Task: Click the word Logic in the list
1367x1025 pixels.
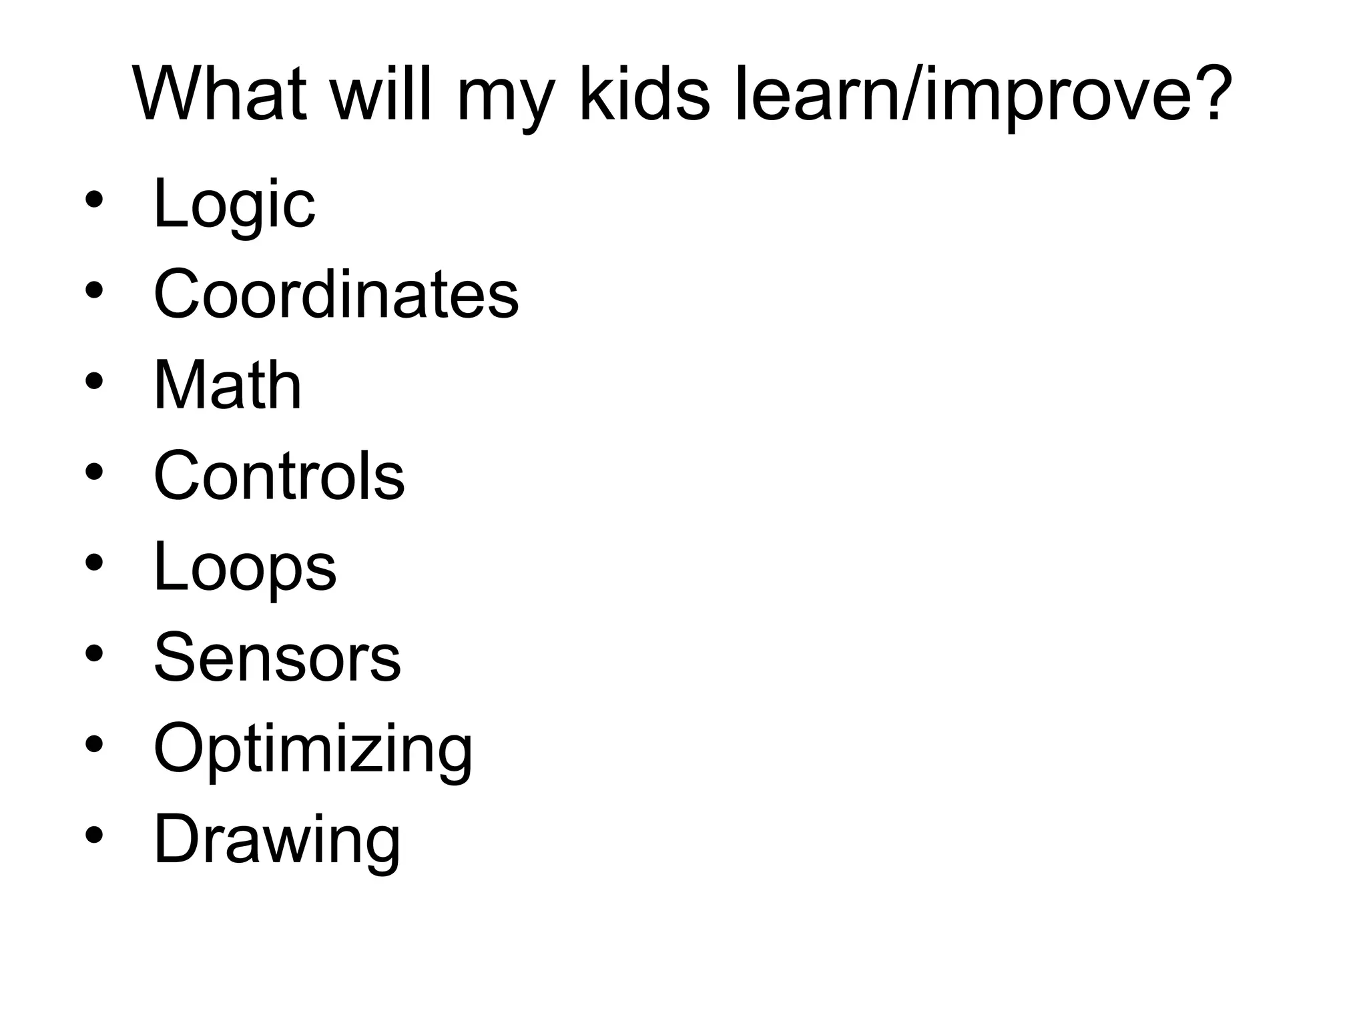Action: tap(234, 204)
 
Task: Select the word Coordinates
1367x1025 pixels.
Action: tap(336, 294)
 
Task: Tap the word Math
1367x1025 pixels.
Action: tap(228, 385)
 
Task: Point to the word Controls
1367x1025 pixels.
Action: tap(279, 476)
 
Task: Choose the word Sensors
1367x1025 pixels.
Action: tap(277, 658)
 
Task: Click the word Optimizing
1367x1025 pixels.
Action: tap(313, 749)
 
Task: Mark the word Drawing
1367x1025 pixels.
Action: tap(277, 839)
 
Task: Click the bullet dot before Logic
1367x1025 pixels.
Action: tap(94, 199)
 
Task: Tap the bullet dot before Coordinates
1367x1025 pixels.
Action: tap(94, 290)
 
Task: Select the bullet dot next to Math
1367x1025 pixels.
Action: tap(94, 380)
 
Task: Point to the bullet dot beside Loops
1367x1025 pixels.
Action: tap(94, 562)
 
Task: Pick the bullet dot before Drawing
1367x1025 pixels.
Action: tap(94, 834)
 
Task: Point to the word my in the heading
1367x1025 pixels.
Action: tap(505, 100)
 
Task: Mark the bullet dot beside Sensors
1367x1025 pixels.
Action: tap(94, 653)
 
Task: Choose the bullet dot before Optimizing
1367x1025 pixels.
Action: tap(94, 743)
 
